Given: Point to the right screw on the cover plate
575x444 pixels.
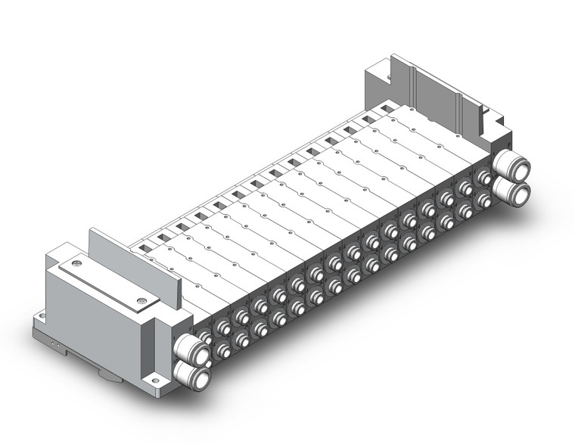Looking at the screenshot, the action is coord(141,302).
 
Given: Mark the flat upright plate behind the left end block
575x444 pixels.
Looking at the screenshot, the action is coord(136,261).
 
